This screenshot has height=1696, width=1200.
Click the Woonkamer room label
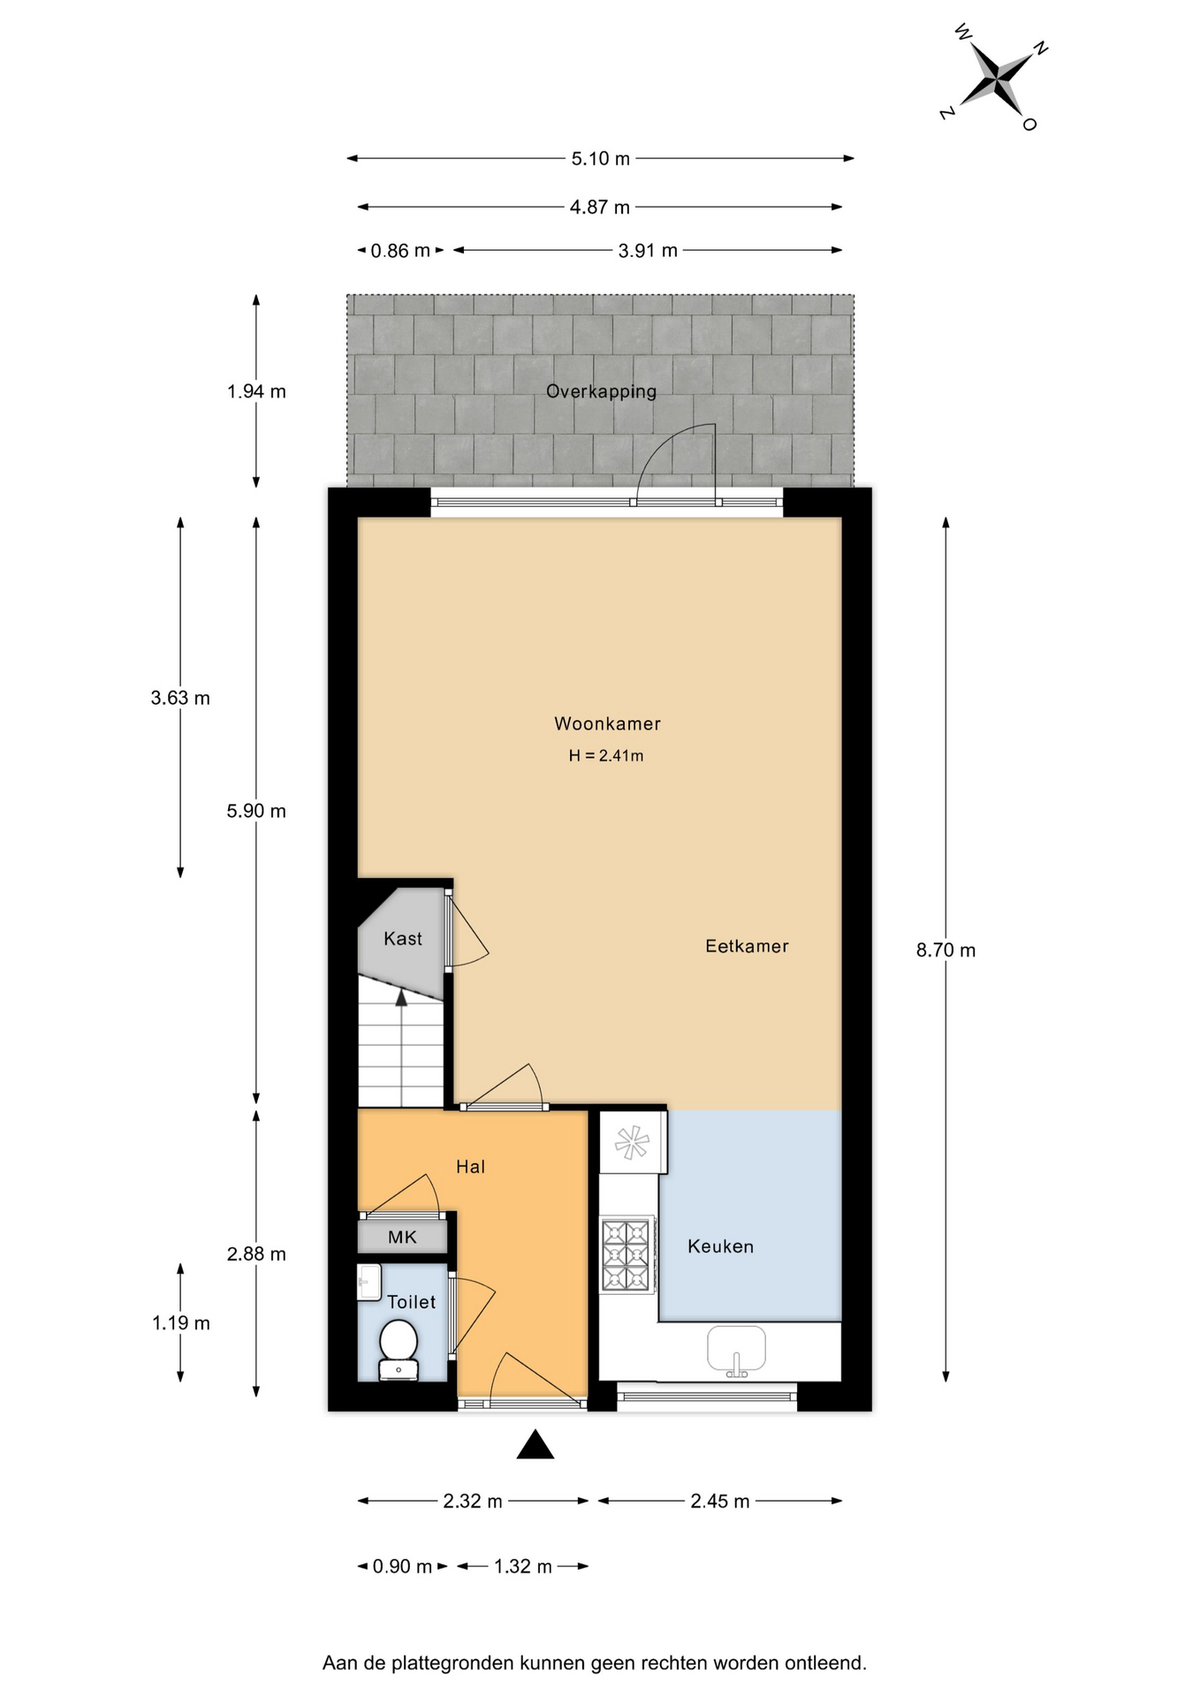click(607, 723)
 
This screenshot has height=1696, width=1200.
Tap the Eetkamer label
click(747, 946)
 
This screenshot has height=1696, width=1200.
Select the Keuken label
click(720, 1246)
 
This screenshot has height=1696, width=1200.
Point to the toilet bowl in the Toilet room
click(399, 1349)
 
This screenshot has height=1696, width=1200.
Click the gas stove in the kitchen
click(627, 1255)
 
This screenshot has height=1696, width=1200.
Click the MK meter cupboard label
click(402, 1238)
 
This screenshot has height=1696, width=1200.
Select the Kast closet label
click(403, 939)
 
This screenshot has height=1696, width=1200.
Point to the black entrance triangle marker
click(535, 1445)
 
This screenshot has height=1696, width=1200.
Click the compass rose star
click(996, 79)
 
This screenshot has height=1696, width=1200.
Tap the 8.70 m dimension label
click(946, 950)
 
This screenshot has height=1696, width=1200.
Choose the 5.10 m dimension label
click(601, 159)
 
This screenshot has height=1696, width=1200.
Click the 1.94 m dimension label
click(256, 391)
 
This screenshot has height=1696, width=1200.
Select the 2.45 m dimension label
click(720, 1502)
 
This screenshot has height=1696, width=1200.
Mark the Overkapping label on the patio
click(601, 391)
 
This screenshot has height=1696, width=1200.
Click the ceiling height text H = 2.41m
click(606, 756)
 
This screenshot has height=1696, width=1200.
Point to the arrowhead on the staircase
click(401, 997)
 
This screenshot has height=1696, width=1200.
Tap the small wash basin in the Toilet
click(369, 1282)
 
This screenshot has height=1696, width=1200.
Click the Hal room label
click(470, 1167)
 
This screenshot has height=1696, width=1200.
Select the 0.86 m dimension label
click(400, 251)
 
